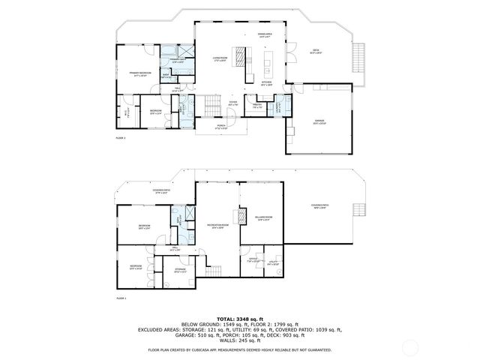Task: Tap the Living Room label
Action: [219, 58]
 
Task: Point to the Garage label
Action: [319, 122]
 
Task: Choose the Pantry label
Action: [256, 107]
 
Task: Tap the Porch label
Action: [221, 128]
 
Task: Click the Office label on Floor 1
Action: [253, 260]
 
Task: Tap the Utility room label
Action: [273, 262]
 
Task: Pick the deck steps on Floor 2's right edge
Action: [358, 56]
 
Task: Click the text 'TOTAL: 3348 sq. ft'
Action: [240, 319]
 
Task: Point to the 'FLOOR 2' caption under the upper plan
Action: [120, 139]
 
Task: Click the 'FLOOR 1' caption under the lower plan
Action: [121, 298]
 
